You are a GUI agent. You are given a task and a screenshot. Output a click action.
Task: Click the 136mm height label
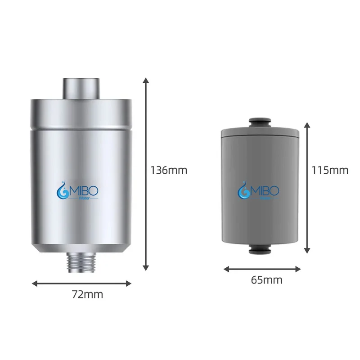(169, 170)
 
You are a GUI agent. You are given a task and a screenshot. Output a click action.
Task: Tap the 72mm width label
(87, 294)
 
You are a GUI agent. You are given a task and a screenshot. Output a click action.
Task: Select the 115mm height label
(330, 170)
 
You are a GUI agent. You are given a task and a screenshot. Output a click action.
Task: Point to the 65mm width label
(266, 280)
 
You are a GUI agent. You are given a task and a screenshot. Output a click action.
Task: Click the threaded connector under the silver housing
(81, 262)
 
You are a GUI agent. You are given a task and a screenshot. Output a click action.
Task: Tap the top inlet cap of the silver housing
(81, 89)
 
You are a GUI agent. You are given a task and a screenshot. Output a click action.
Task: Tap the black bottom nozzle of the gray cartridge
(260, 249)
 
